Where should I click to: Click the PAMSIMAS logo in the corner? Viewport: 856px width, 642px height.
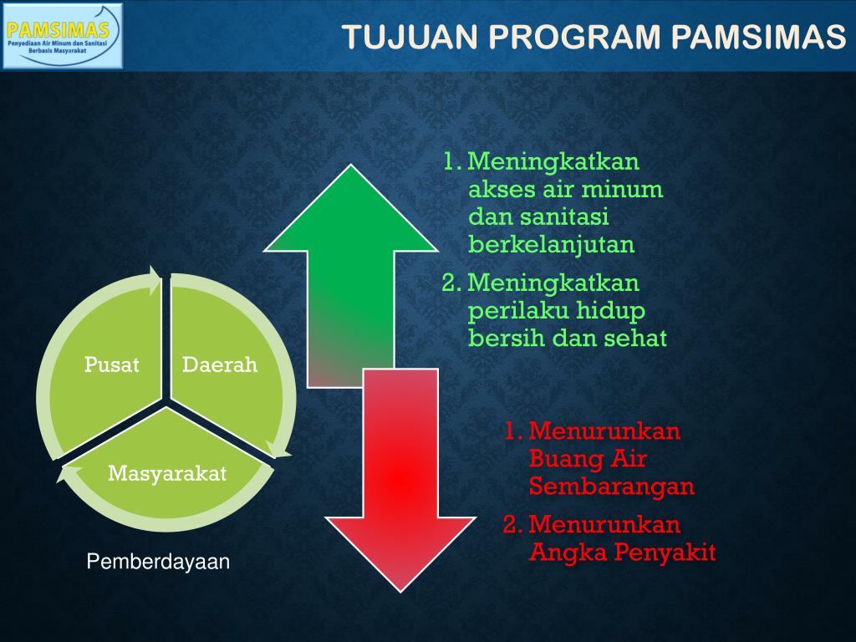click(x=63, y=35)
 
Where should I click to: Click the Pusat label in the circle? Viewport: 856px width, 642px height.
click(x=111, y=364)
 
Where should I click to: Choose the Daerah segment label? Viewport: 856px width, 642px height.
click(x=220, y=364)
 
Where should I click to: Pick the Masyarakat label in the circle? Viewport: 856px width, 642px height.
click(x=167, y=473)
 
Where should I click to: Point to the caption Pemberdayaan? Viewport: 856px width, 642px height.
click(x=158, y=563)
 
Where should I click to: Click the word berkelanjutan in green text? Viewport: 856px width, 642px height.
click(x=552, y=245)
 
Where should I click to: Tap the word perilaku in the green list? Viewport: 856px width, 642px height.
click(x=510, y=311)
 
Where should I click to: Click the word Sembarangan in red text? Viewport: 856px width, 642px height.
click(x=612, y=487)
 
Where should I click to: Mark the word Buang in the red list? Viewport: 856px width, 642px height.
click(x=562, y=459)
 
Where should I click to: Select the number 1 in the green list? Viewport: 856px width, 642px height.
click(x=451, y=160)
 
